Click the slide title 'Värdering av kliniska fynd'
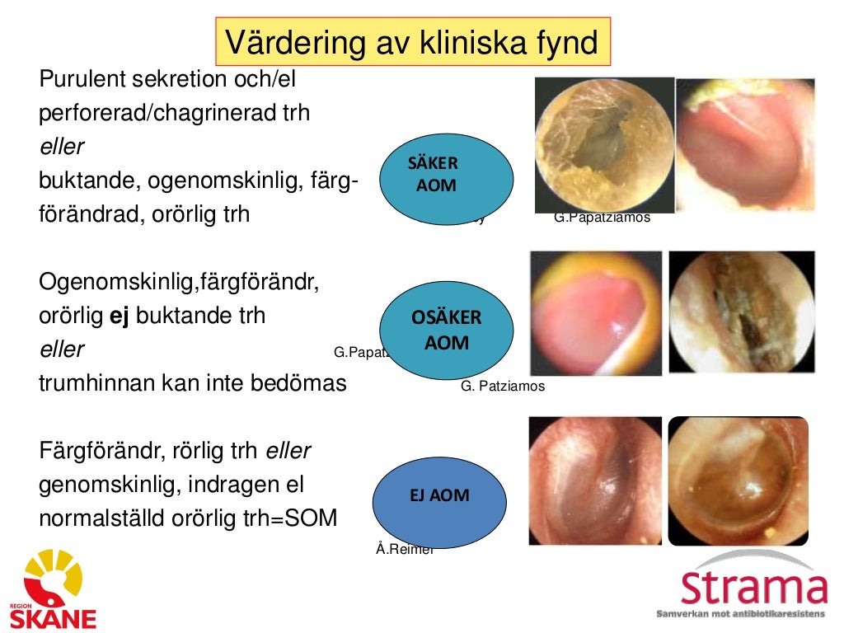click(x=412, y=41)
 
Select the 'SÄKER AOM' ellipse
click(x=446, y=179)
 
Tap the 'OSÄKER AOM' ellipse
click(x=446, y=331)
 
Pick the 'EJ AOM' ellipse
click(x=438, y=496)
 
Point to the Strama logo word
click(x=753, y=587)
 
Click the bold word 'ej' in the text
click(x=121, y=316)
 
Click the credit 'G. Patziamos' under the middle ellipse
click(x=503, y=386)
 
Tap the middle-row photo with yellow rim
click(x=595, y=313)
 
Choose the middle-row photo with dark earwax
click(x=741, y=313)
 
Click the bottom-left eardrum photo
click(x=595, y=481)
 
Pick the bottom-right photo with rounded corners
click(x=738, y=481)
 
